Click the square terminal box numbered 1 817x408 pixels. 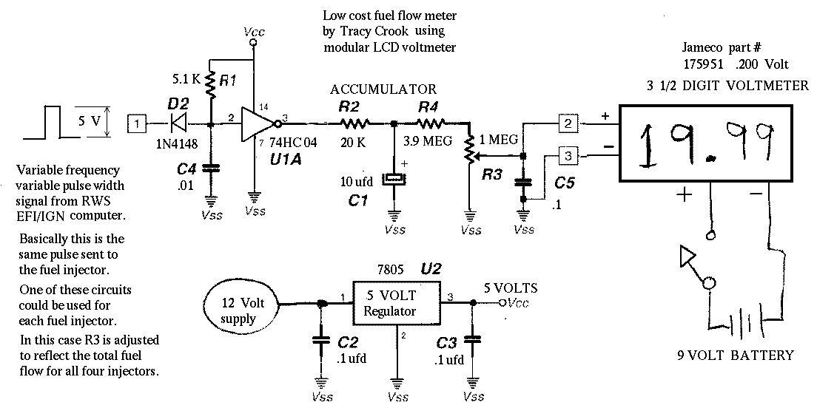[x=136, y=124]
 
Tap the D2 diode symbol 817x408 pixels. [x=178, y=124]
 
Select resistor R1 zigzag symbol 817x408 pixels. [x=210, y=84]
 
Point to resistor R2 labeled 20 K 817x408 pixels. [x=355, y=124]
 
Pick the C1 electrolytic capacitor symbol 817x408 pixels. [x=394, y=180]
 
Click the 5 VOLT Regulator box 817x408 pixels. [x=397, y=303]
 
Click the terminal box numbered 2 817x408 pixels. [x=568, y=123]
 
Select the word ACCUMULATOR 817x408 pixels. [x=383, y=89]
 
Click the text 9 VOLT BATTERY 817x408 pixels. [x=736, y=356]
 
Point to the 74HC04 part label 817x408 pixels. [x=289, y=142]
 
